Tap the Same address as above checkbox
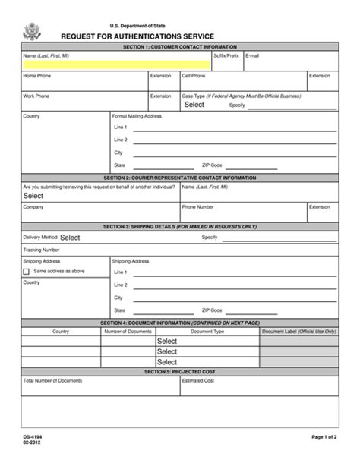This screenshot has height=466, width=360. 27,271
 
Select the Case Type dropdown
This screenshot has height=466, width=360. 194,105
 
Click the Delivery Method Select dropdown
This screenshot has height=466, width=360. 70,237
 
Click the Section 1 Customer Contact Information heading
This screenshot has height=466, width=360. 179,47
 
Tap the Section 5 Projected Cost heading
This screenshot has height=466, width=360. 179,372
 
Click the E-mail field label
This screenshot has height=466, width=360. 253,56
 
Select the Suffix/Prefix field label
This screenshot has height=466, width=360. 227,56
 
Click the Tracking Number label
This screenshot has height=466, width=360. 41,249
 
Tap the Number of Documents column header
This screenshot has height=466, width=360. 128,332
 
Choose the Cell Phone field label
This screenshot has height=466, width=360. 193,76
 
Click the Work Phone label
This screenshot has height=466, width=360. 37,96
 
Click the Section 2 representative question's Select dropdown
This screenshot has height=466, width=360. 33,195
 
